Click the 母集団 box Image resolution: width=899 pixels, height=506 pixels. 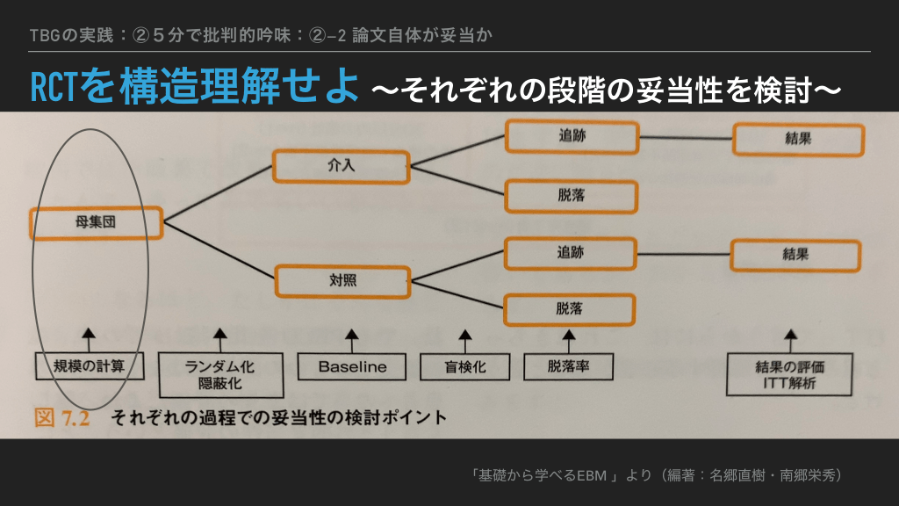point(96,223)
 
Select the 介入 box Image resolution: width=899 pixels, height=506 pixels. point(341,166)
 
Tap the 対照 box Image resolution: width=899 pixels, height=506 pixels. point(342,281)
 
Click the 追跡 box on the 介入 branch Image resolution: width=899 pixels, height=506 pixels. point(572,137)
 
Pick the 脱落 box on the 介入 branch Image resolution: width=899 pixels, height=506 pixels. point(570,195)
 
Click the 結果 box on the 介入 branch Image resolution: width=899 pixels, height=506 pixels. point(798,139)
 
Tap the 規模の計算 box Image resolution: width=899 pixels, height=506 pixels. point(89,366)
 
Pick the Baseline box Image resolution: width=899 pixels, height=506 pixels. point(352,366)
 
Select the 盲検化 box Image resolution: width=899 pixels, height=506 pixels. point(464,367)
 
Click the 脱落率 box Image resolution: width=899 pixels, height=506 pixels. point(569,366)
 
